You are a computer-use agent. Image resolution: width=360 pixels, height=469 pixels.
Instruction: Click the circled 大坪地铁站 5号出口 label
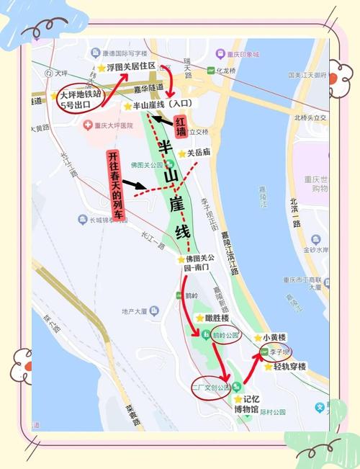pyautogui.click(x=81, y=99)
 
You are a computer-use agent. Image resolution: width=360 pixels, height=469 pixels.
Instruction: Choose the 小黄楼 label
pyautogui.click(x=274, y=337)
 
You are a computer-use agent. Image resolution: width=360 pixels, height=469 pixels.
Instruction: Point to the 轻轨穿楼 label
pyautogui.click(x=289, y=367)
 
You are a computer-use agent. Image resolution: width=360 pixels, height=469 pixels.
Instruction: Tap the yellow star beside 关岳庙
pyautogui.click(x=181, y=153)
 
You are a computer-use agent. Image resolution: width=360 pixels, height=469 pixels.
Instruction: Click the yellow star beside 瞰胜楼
pyautogui.click(x=199, y=318)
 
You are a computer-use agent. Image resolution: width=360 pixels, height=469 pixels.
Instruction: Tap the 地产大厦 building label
pyautogui.click(x=135, y=311)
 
